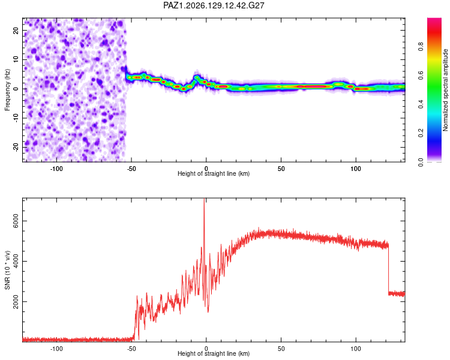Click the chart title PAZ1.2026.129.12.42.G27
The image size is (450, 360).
pos(214,5)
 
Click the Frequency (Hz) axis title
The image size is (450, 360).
pos(7,90)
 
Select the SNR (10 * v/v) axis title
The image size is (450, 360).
pos(7,270)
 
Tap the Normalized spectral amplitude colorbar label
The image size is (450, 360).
pos(445,90)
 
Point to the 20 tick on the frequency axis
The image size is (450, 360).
pos(16,30)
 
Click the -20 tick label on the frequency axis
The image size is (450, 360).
pos(16,147)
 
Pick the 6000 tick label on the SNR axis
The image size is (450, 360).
pos(16,221)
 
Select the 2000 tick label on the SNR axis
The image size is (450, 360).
pos(16,301)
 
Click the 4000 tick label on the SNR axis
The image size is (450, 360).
pos(16,261)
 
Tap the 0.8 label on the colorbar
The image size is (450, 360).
pos(421,46)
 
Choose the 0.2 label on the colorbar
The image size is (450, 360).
pos(421,133)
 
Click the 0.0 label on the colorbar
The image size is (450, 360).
pos(421,162)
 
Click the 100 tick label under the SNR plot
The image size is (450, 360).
pos(356,349)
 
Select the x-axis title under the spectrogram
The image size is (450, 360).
pos(214,173)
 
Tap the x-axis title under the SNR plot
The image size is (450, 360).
pos(214,353)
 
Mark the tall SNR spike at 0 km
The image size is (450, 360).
pos(204,224)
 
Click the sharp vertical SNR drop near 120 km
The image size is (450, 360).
pos(389,269)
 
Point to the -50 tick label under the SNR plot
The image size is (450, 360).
pos(131,349)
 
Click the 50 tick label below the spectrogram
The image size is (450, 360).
pos(281,169)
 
